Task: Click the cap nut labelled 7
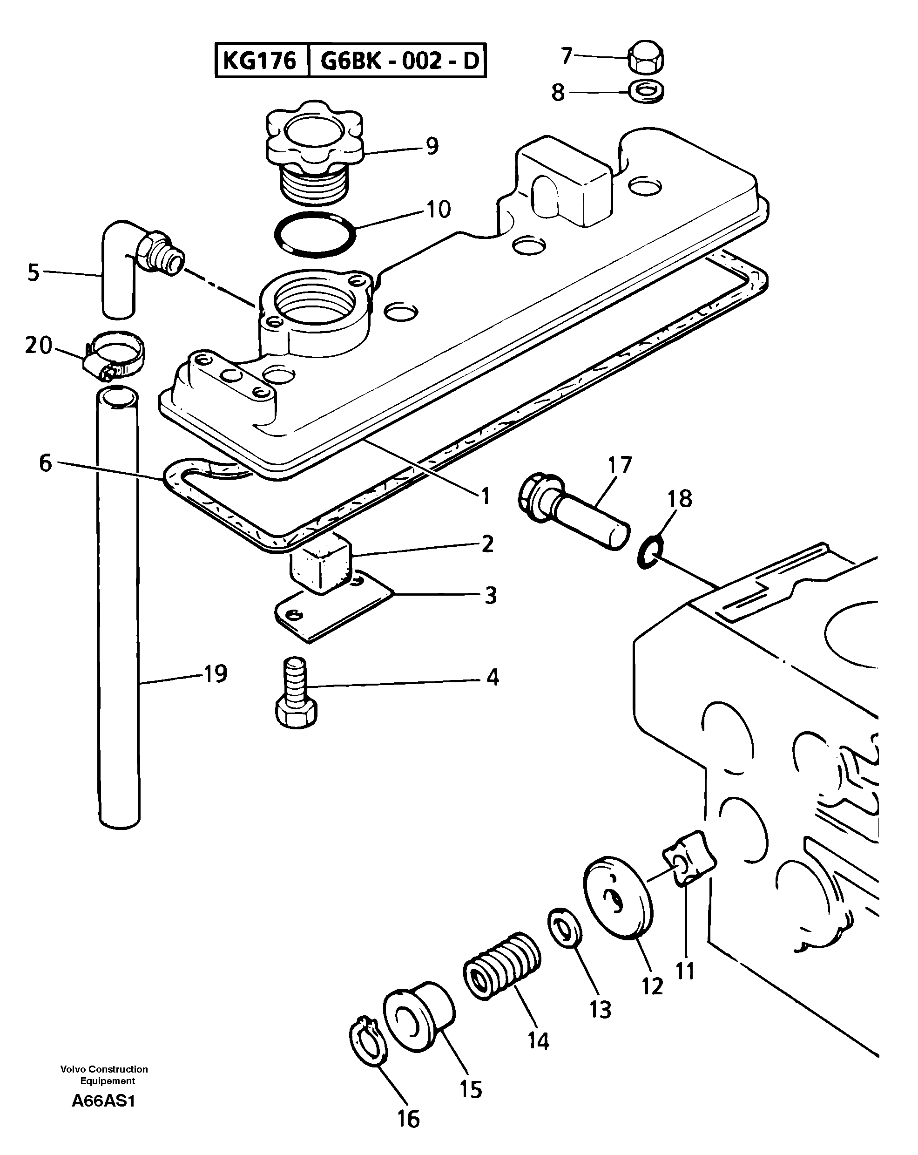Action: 645,57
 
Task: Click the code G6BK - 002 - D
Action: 399,61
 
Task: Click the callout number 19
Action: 216,673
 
